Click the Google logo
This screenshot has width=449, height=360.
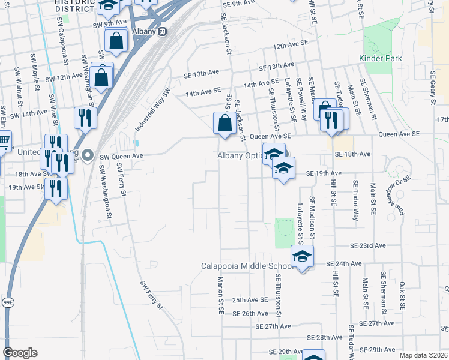tap(20, 353)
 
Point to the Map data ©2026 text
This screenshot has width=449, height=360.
tap(424, 355)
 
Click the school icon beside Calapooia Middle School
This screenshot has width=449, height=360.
tap(303, 257)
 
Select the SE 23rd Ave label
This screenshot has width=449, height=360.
tap(369, 246)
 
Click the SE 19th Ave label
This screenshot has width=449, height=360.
tap(324, 173)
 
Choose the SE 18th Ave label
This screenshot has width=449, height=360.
tap(353, 155)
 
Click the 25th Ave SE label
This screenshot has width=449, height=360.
tap(249, 300)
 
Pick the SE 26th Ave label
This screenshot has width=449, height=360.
tap(249, 313)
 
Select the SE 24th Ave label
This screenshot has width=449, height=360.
tap(344, 263)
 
